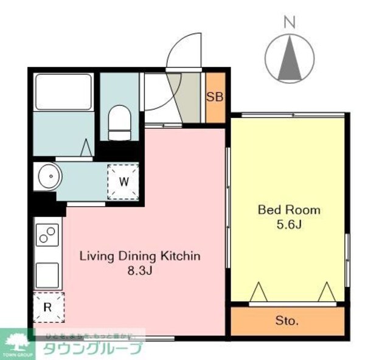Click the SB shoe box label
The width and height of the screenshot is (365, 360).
214,97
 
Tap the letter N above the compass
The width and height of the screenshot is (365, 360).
290,23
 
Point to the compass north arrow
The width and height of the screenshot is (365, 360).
290,58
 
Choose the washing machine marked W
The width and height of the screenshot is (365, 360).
123,181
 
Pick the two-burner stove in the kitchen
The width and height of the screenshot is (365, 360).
47,234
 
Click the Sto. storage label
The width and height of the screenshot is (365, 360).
287,320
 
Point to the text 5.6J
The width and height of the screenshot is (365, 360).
290,224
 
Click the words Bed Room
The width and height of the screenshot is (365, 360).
289,210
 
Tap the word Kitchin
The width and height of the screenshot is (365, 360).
181,256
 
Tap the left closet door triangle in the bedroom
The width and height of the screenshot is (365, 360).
258,291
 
